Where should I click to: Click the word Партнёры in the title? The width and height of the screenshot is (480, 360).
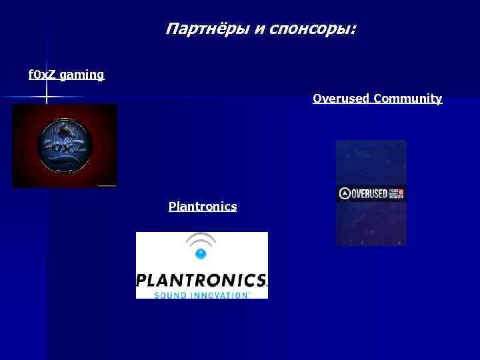(207, 29)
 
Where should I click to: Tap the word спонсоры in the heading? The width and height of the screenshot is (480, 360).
(311, 30)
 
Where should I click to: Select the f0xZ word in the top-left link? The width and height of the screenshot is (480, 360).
(42, 75)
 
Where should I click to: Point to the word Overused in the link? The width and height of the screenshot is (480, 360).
(341, 99)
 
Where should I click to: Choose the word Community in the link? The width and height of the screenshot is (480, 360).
(408, 99)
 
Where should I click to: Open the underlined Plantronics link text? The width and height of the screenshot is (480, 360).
(203, 207)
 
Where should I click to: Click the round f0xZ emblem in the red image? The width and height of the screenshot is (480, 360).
(65, 145)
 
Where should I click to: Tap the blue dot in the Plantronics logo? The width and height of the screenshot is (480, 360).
(201, 253)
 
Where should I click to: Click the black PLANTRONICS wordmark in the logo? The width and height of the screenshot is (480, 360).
(201, 279)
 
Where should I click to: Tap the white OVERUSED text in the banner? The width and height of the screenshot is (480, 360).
(369, 194)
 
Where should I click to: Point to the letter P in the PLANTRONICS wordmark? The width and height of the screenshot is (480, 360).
(142, 279)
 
